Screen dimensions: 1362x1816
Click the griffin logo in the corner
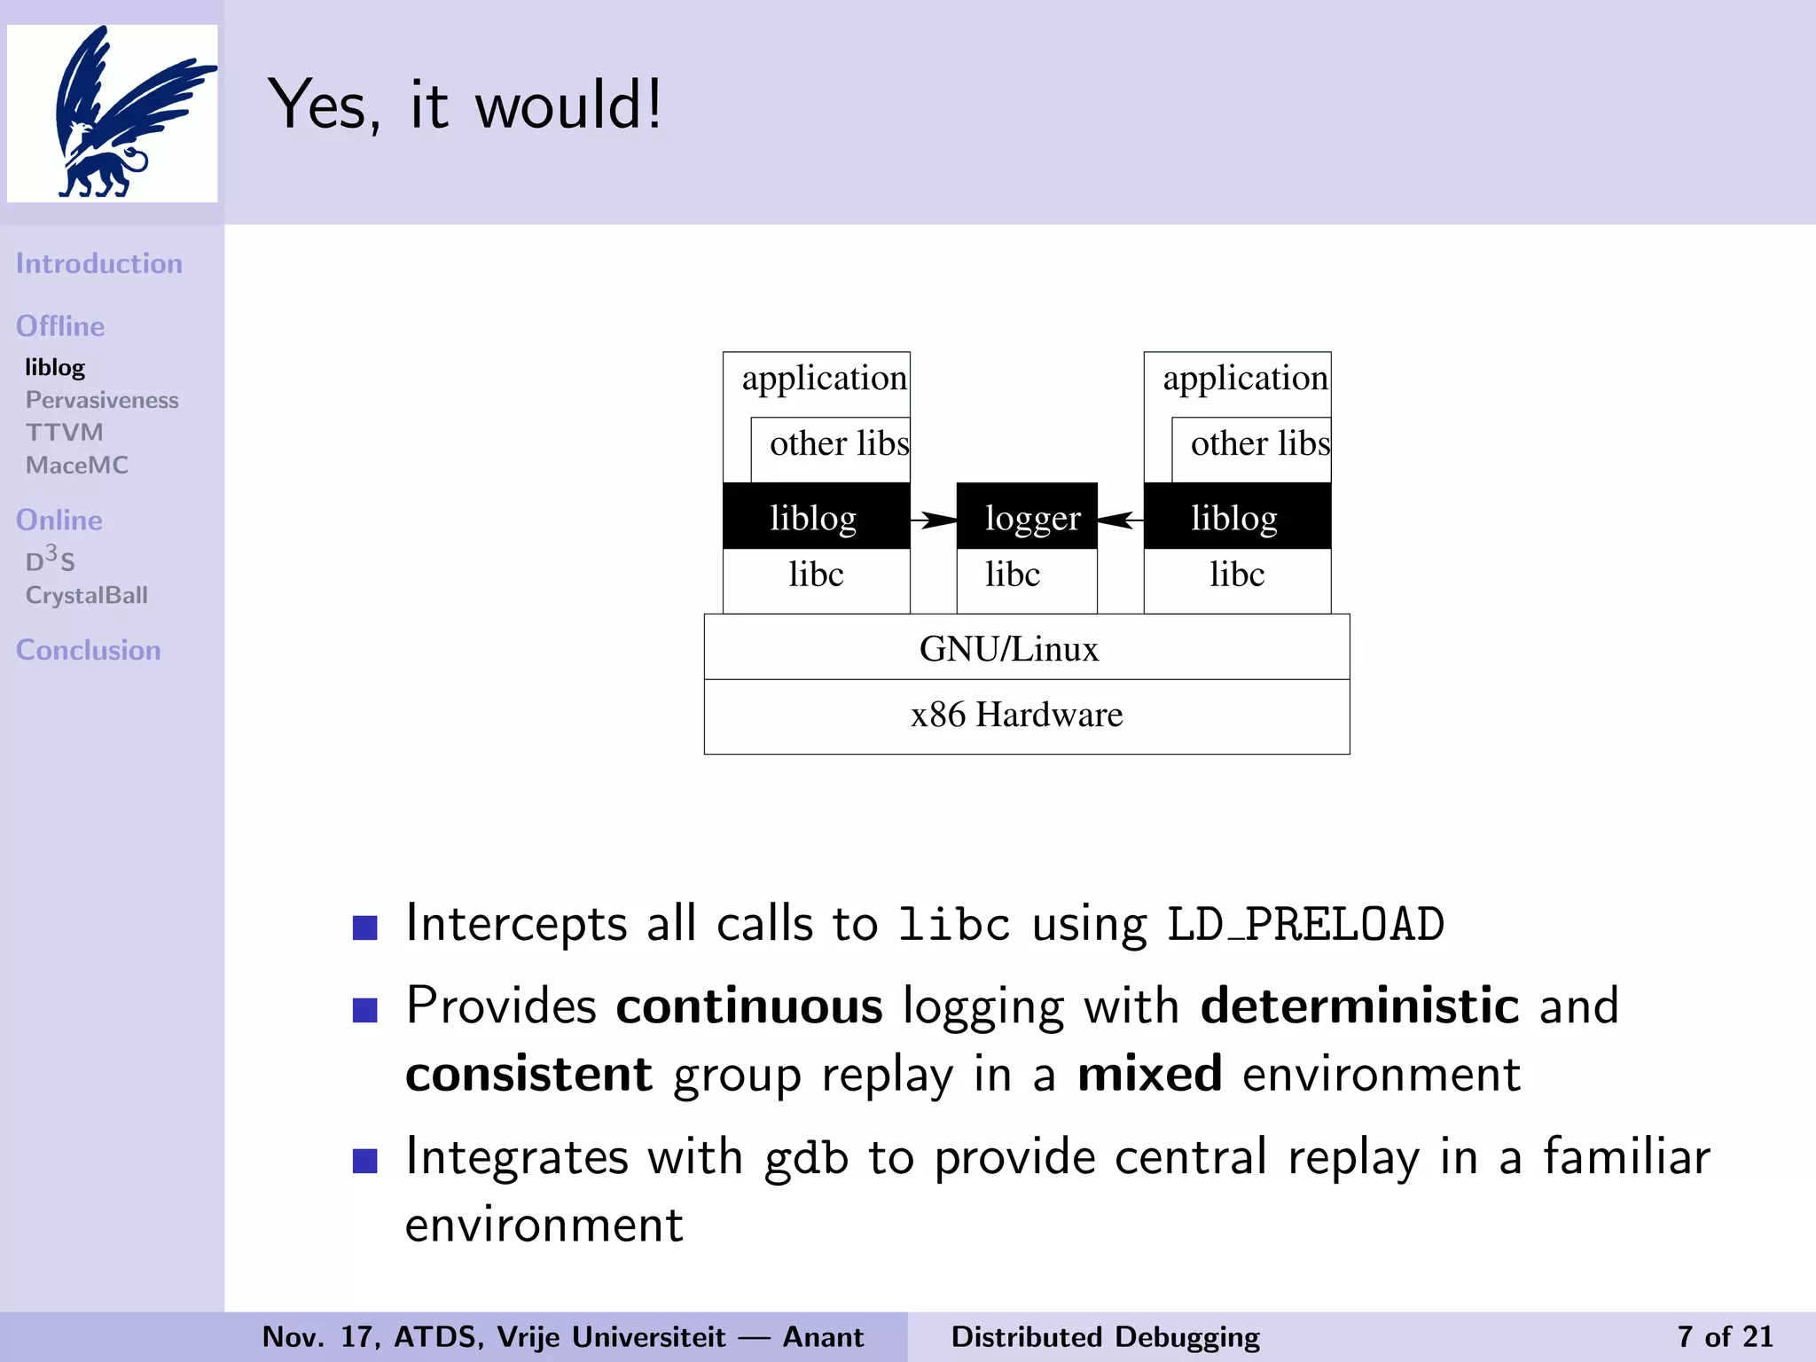coord(113,113)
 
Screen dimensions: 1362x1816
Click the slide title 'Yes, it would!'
coord(465,105)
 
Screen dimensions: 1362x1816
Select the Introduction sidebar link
coord(99,263)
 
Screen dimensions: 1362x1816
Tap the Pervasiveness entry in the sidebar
coord(102,400)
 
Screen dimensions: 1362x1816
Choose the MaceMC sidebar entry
coord(77,465)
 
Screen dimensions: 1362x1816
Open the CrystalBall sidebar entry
coord(87,595)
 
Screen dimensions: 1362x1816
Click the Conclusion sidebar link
coord(89,650)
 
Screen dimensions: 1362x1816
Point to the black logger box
coord(1027,517)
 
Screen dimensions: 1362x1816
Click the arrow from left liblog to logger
coord(934,520)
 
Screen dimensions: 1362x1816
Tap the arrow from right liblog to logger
coord(1120,520)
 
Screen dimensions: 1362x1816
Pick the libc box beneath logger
coord(1027,576)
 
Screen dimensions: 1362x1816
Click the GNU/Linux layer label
coord(1009,649)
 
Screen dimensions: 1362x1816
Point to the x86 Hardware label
coord(1016,715)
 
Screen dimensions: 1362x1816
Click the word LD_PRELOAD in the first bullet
coord(1305,924)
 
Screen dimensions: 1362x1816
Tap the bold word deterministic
coord(1359,1006)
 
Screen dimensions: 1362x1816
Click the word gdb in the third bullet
coord(806,1158)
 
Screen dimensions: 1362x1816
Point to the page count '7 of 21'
coord(1724,1336)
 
